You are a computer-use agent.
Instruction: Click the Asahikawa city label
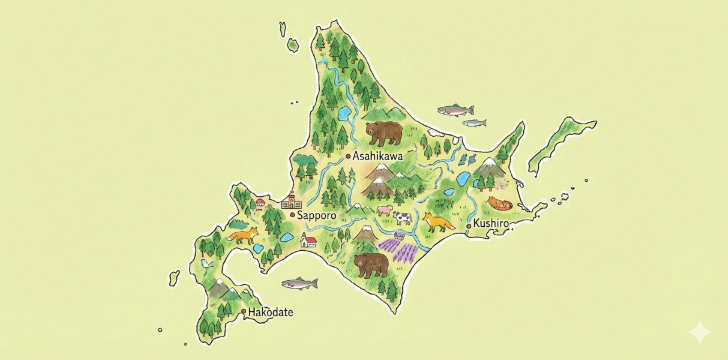tap(378, 156)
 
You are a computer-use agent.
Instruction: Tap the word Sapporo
tap(317, 215)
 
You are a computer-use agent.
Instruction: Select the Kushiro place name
tap(491, 224)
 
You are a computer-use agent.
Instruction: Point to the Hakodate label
tap(271, 312)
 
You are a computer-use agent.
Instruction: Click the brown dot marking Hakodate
tap(244, 312)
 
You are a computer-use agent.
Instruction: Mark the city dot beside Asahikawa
tap(347, 156)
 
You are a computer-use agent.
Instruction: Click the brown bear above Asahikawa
tap(384, 133)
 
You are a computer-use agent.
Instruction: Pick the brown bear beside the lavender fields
tap(371, 264)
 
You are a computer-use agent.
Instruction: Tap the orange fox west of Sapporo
tap(242, 235)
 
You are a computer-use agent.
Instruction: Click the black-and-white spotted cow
tap(402, 218)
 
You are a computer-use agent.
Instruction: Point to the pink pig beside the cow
tap(384, 210)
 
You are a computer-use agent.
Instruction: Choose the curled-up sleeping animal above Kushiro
tap(499, 204)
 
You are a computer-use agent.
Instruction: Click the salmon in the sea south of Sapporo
tap(299, 282)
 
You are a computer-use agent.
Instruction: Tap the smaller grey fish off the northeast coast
tap(474, 123)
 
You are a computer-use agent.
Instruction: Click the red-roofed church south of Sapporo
tap(308, 241)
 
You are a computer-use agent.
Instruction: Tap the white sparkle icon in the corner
tap(700, 332)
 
